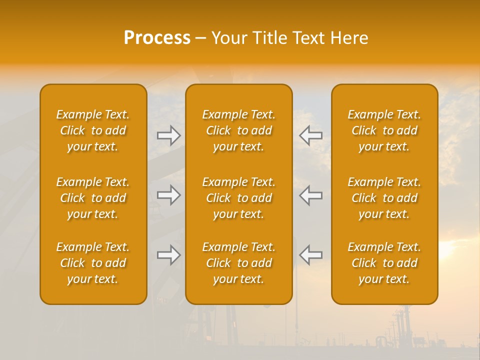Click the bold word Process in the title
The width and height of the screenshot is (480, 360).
pos(157,38)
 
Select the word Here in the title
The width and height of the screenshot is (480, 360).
pos(349,38)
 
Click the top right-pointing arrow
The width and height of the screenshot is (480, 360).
pos(169,135)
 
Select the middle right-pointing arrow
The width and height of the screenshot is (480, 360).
pos(169,195)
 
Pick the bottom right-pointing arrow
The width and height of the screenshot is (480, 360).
pos(169,255)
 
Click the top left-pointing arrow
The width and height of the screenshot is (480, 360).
pos(311,135)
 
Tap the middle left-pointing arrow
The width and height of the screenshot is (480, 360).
pos(311,195)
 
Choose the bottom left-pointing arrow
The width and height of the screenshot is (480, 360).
pos(311,255)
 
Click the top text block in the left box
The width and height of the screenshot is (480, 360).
pos(93,130)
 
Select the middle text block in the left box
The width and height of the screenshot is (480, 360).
pos(93,198)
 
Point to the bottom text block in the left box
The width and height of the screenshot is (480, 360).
pos(93,263)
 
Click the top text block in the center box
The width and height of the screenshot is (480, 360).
pos(239,130)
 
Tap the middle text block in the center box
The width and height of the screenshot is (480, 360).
pos(239,198)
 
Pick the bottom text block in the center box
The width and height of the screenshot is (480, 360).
pos(239,263)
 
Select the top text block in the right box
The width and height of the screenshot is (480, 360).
pos(384,130)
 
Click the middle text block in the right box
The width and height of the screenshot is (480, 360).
pos(384,198)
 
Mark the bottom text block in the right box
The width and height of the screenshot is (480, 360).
pos(384,263)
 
